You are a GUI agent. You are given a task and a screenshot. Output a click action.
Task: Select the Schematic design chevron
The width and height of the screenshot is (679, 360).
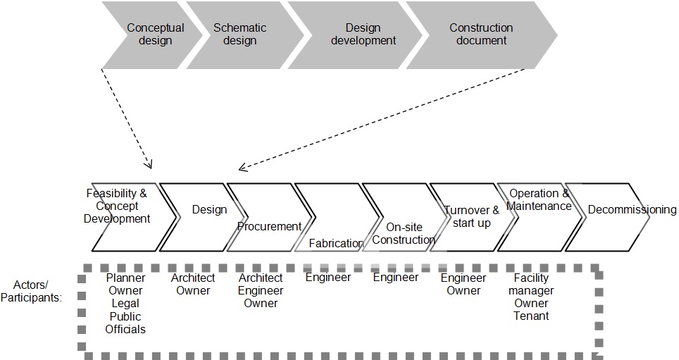(x=239, y=35)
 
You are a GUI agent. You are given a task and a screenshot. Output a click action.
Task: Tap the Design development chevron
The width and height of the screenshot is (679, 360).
(x=361, y=35)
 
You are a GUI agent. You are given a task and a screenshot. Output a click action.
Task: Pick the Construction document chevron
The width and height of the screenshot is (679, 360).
(x=481, y=35)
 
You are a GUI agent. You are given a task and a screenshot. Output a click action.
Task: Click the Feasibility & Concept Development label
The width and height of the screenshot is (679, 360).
(x=117, y=206)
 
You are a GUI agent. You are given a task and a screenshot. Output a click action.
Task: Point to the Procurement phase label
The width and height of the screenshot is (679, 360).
(x=269, y=226)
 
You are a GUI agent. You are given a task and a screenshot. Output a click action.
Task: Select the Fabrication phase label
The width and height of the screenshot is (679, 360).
(x=337, y=243)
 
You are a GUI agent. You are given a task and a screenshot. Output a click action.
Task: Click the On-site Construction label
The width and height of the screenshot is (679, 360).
(x=404, y=233)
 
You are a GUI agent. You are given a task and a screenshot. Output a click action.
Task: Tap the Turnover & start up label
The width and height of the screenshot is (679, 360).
(x=471, y=216)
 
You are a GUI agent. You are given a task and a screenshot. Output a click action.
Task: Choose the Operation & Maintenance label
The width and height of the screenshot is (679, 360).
(x=539, y=200)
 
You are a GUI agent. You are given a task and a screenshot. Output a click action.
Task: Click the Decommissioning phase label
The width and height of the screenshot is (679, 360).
(x=632, y=209)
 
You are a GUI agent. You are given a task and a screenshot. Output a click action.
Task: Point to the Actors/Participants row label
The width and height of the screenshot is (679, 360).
(x=37, y=291)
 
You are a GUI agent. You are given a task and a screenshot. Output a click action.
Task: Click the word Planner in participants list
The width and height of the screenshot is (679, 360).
(x=126, y=278)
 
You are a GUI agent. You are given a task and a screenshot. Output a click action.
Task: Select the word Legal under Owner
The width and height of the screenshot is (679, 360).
(x=125, y=304)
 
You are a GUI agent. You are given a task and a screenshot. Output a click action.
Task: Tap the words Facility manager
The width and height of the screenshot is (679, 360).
(x=531, y=285)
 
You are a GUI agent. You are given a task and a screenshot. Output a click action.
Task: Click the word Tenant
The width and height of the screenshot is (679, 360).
(x=531, y=316)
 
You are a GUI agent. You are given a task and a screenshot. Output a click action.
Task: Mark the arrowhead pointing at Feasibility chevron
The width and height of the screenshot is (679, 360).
(x=149, y=166)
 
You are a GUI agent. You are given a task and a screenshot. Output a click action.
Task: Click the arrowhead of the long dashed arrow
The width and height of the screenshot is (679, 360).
(x=242, y=168)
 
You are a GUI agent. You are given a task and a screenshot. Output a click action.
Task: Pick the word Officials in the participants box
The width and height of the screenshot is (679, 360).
(x=125, y=329)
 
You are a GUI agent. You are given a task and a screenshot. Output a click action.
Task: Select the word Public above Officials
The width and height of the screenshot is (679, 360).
(x=125, y=316)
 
